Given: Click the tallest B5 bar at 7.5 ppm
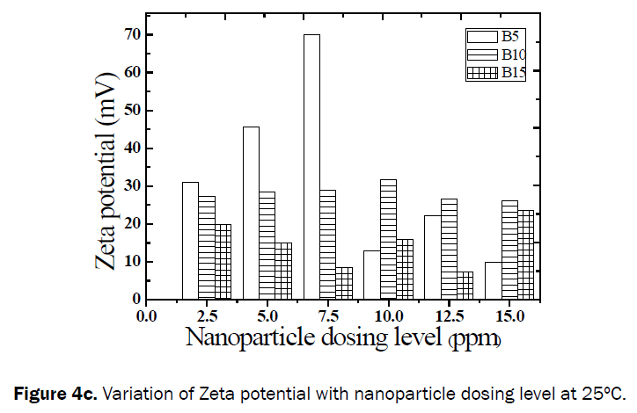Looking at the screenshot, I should pos(311,167).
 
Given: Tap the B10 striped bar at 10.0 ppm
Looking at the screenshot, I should pos(388,239).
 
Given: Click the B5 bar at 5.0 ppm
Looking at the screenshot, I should pos(251,213).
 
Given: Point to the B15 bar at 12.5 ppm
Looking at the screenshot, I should pos(465,285).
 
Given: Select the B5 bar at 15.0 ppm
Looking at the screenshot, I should pos(493,280).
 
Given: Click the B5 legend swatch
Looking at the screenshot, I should pos(481,37).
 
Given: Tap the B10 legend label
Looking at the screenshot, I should pos(514,54).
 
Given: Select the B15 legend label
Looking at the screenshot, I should pos(514,73).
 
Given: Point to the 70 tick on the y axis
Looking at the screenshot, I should pos(133,34).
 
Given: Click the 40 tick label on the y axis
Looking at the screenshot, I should pos(133,148).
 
